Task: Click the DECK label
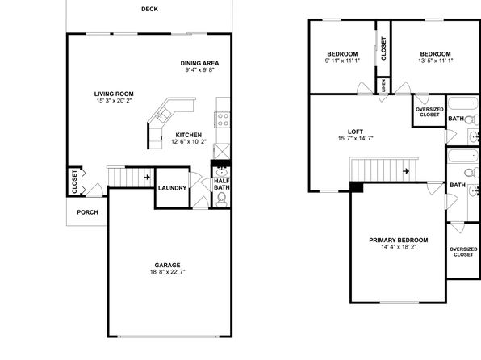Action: [x=149, y=9]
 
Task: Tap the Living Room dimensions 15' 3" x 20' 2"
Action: [x=114, y=101]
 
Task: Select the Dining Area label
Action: [x=199, y=63]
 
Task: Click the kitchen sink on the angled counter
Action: [x=163, y=115]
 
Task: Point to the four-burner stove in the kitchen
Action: [x=223, y=119]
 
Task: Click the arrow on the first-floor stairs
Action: [x=147, y=177]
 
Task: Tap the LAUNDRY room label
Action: [x=172, y=188]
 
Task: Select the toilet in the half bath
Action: [x=221, y=200]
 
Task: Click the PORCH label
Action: [x=87, y=212]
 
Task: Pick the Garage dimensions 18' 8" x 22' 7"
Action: [x=168, y=272]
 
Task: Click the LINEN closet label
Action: [x=383, y=86]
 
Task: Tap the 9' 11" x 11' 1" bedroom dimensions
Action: [x=342, y=61]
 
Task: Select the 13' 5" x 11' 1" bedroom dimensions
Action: [x=435, y=61]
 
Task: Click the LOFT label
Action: [x=356, y=132]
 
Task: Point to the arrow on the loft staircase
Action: [x=406, y=171]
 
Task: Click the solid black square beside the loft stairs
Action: [x=357, y=187]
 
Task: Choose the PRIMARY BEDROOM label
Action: [x=399, y=241]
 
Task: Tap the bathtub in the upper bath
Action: [x=463, y=103]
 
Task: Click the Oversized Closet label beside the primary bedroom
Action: [x=463, y=252]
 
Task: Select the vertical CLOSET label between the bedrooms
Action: [x=383, y=48]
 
